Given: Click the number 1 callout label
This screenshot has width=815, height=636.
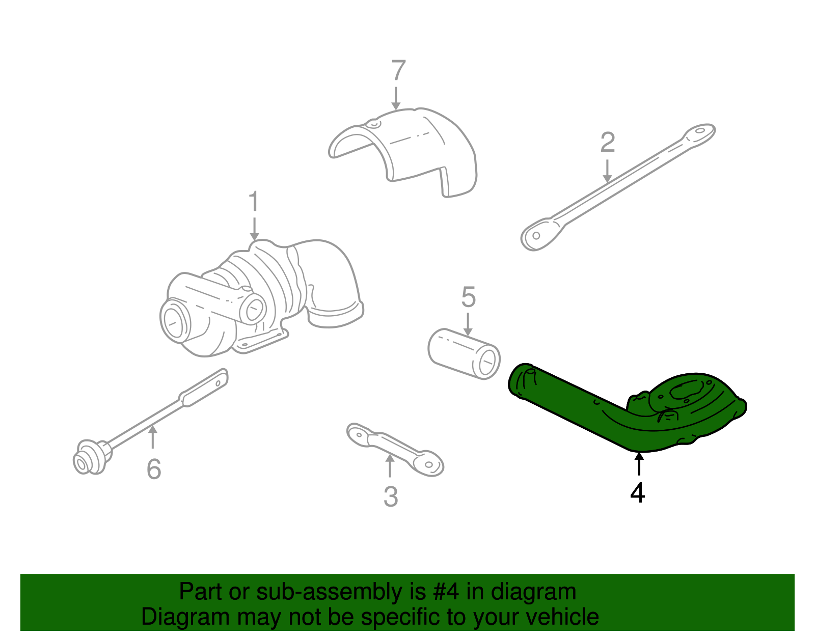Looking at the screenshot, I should (254, 202).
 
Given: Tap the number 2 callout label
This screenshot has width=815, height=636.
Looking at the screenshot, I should (607, 143).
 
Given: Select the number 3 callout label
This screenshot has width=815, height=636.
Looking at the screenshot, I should (390, 496).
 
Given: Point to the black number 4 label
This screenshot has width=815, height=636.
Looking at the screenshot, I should (637, 492).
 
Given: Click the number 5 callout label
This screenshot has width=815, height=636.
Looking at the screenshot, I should (468, 297).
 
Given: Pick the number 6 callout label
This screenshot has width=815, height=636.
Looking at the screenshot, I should (153, 469).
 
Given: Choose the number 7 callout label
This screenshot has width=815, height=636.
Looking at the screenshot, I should (398, 71).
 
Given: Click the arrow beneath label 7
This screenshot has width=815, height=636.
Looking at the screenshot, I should (396, 99).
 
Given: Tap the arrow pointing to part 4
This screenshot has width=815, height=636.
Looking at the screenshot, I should (638, 464).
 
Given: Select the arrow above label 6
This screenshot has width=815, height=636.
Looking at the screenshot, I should (152, 438).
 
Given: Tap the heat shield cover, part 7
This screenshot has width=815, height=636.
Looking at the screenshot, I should (407, 148).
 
